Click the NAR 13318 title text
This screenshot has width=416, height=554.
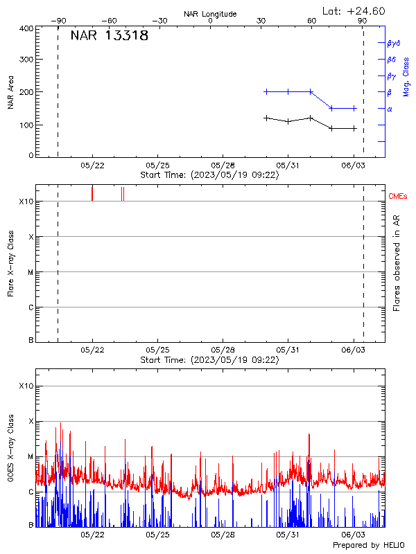click(110, 36)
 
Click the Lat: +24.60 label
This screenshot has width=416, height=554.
click(354, 10)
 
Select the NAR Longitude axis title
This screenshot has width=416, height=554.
click(210, 14)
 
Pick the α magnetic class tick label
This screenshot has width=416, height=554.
click(390, 109)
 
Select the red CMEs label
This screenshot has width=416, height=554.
click(398, 197)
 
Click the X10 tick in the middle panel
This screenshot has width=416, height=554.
click(26, 202)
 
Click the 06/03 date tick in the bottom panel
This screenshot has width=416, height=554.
click(354, 535)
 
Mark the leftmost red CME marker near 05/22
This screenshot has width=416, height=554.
click(92, 193)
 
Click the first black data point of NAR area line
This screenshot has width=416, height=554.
click(266, 118)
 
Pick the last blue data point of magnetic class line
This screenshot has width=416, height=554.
click(354, 108)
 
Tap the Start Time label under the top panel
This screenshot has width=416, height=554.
click(209, 175)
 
